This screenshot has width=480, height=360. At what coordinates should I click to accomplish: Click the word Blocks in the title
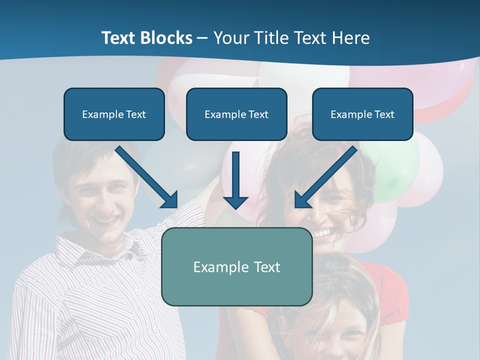pos(167,38)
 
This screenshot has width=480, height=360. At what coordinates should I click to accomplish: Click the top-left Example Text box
pos(114,114)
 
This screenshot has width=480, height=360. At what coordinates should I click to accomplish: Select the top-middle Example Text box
pos(236,114)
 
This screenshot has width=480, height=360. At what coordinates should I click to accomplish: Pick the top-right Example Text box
pos(362,114)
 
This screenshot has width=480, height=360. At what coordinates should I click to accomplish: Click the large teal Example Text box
pos(237,266)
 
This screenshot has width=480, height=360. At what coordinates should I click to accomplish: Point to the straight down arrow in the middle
pos(235,180)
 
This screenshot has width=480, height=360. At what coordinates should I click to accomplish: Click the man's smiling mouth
pos(104,220)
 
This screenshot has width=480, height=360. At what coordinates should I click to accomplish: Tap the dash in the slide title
pos(202,38)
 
